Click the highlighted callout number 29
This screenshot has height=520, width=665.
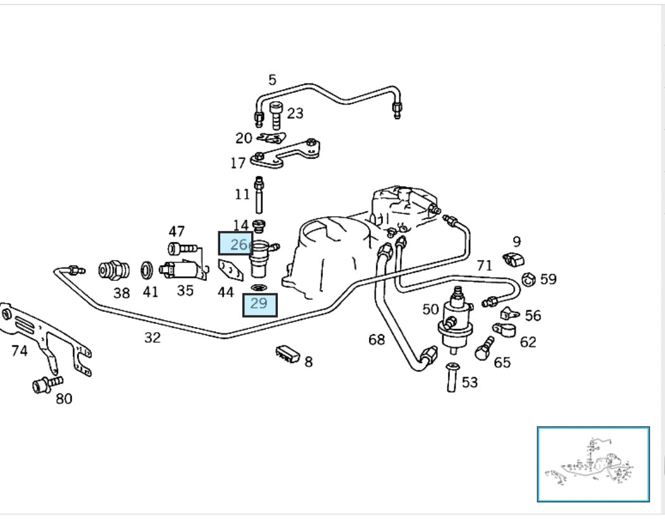click(259, 304)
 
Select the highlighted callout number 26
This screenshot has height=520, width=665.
click(235, 244)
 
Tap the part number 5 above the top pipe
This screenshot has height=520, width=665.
click(272, 80)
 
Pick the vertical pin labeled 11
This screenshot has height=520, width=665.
click(259, 195)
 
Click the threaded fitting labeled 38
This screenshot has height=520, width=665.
click(114, 271)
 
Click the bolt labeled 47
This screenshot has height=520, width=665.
click(177, 249)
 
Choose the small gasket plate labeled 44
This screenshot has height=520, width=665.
click(230, 270)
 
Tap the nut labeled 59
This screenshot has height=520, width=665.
click(529, 278)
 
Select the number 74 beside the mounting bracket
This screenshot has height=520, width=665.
click(19, 350)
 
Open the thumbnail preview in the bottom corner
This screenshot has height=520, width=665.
click(593, 464)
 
